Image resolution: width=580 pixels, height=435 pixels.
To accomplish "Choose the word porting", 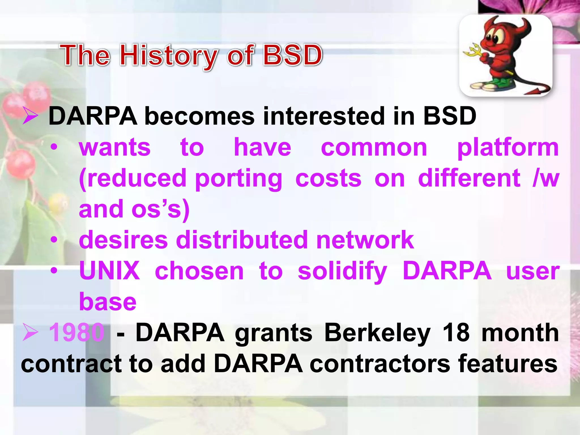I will click(238, 178).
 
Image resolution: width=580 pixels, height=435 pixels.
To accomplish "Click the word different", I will click(469, 178).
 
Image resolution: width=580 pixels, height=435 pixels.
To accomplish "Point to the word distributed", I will click(242, 240).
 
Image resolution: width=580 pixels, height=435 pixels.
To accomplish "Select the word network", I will click(365, 240).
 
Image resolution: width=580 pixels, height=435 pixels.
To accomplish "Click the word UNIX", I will click(109, 271).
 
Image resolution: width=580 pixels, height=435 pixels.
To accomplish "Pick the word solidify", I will click(342, 271).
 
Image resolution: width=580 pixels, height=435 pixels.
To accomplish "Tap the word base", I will click(108, 302).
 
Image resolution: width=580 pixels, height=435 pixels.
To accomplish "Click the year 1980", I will click(76, 333).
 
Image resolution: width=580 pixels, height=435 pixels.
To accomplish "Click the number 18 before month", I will click(456, 333).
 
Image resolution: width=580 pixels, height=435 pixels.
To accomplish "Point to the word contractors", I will click(379, 364).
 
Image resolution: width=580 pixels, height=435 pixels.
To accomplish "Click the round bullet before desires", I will click(54, 240).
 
